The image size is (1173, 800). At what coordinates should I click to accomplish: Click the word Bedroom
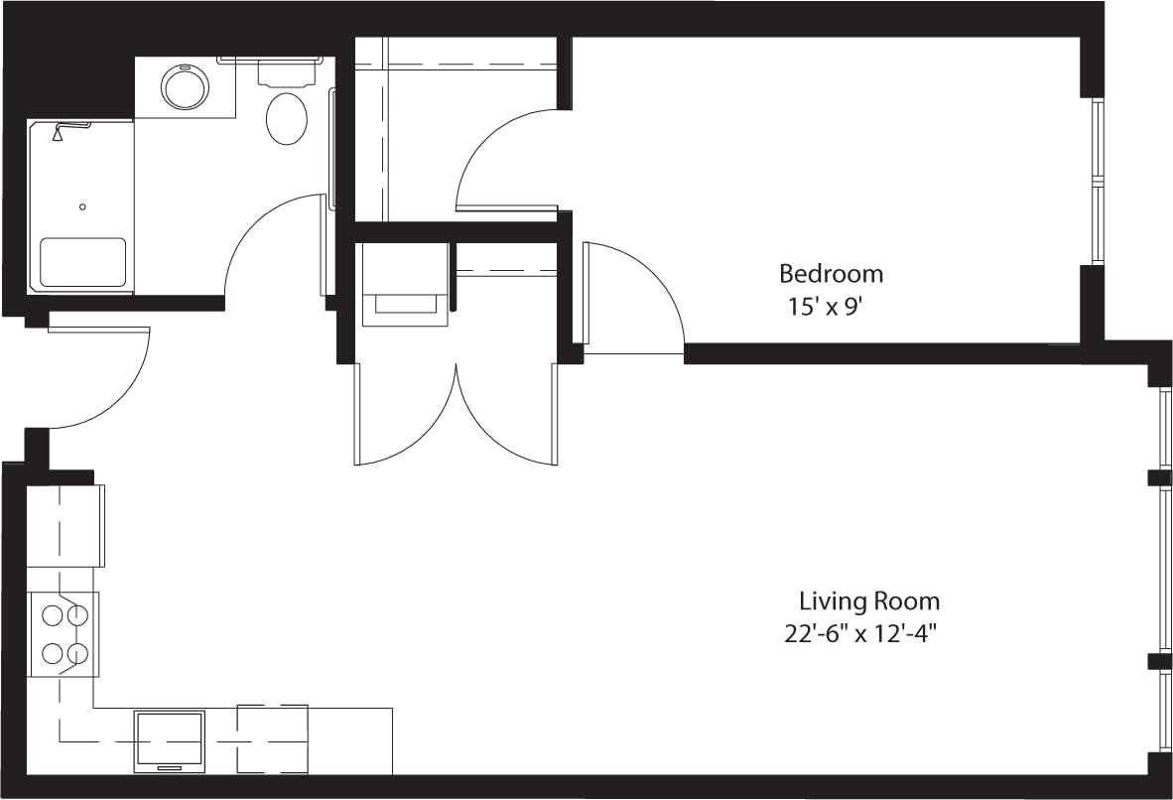pyautogui.click(x=831, y=273)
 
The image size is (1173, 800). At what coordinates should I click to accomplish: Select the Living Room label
pyautogui.click(x=869, y=601)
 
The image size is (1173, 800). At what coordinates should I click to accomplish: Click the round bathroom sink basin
pyautogui.click(x=186, y=87)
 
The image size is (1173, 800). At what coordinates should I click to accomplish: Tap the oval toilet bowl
pyautogui.click(x=287, y=119)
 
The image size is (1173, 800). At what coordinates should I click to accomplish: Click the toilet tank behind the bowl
pyautogui.click(x=288, y=71)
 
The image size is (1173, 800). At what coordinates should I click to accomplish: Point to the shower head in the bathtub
pyautogui.click(x=60, y=132)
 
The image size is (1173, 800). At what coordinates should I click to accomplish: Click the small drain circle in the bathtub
pyautogui.click(x=82, y=206)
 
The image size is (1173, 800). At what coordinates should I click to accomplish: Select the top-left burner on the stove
pyautogui.click(x=52, y=615)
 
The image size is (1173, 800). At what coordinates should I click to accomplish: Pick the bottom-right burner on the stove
pyautogui.click(x=76, y=653)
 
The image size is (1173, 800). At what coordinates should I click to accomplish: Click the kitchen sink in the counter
pyautogui.click(x=170, y=740)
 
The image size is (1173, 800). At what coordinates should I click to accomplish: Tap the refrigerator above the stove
pyautogui.click(x=65, y=524)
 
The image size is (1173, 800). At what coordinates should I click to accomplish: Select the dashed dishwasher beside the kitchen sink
pyautogui.click(x=272, y=738)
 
